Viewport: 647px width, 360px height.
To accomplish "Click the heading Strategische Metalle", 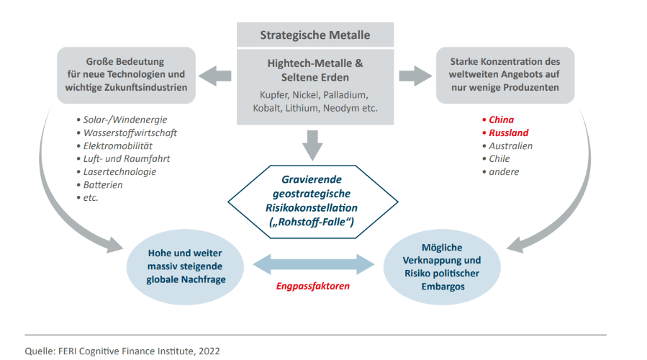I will [315, 35].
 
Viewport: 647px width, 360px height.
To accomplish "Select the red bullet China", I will [501, 120].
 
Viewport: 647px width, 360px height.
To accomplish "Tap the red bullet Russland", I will [508, 132].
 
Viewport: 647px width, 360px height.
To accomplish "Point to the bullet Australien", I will [510, 145].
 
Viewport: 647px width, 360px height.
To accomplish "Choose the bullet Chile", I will [499, 158].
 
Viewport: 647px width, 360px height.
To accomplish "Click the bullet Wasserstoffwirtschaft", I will [130, 132].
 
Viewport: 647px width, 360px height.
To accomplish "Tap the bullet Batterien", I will [104, 184].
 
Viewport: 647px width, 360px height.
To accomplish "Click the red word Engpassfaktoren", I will [314, 286].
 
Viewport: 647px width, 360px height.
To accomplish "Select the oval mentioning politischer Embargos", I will [442, 266].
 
